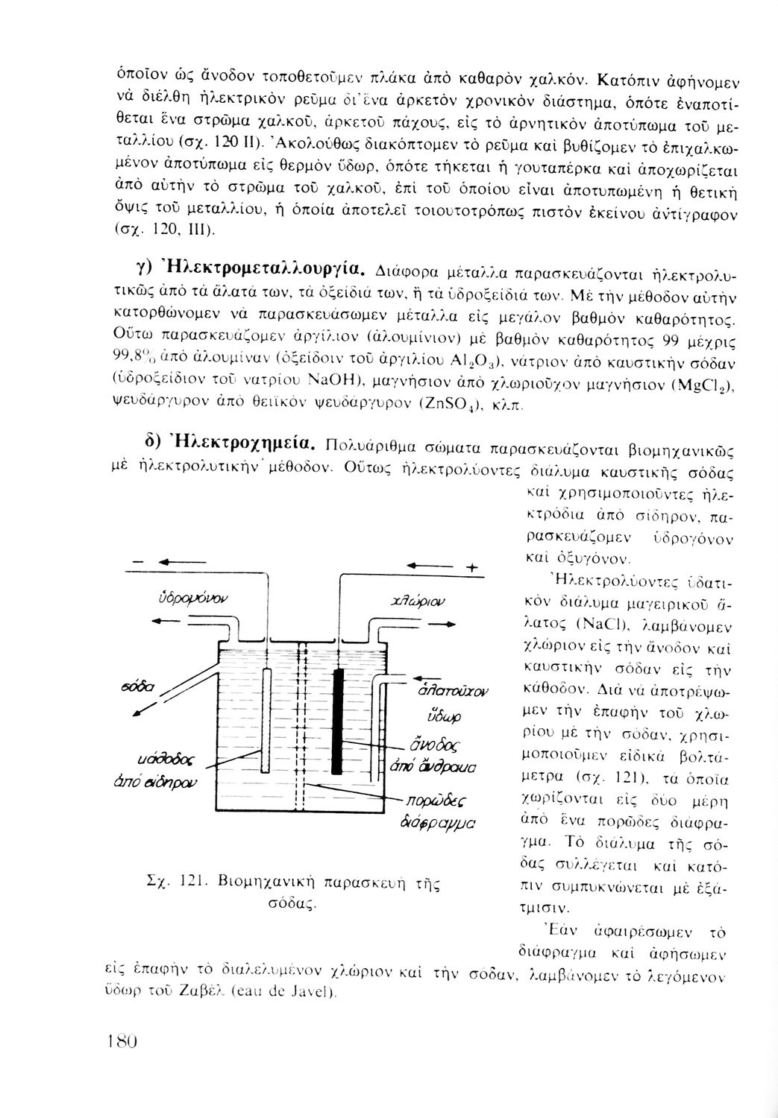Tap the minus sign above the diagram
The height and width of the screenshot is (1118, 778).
point(137,560)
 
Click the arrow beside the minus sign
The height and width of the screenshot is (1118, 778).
point(179,560)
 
